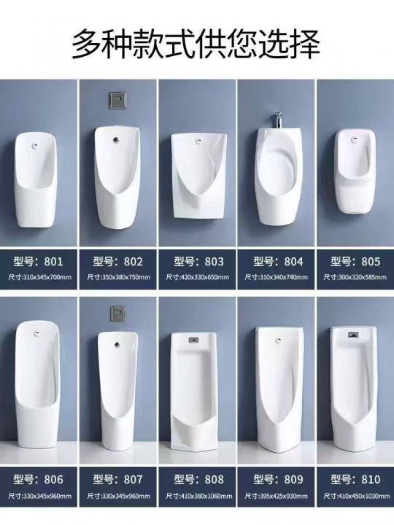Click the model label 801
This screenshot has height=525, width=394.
(x=38, y=261)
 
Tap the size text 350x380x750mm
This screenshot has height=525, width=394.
(x=118, y=277)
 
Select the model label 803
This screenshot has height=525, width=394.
(x=198, y=261)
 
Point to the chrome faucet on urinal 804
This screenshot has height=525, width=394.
(x=277, y=119)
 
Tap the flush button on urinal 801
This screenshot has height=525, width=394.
(x=35, y=146)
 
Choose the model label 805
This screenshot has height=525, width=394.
(x=355, y=261)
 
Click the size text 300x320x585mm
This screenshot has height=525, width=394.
(x=355, y=277)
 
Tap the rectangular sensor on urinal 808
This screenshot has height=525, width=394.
(x=193, y=340)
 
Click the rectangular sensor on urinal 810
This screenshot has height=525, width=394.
(x=353, y=334)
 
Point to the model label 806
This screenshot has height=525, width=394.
(x=38, y=480)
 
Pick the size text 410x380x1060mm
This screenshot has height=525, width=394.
(x=199, y=496)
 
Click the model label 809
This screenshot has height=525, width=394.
(x=278, y=480)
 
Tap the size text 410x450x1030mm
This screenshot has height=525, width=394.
(x=355, y=496)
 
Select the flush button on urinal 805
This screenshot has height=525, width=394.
(x=355, y=139)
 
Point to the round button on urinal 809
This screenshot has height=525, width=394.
(x=277, y=340)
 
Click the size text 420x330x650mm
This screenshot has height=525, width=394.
(x=198, y=277)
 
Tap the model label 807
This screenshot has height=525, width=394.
(x=118, y=480)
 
